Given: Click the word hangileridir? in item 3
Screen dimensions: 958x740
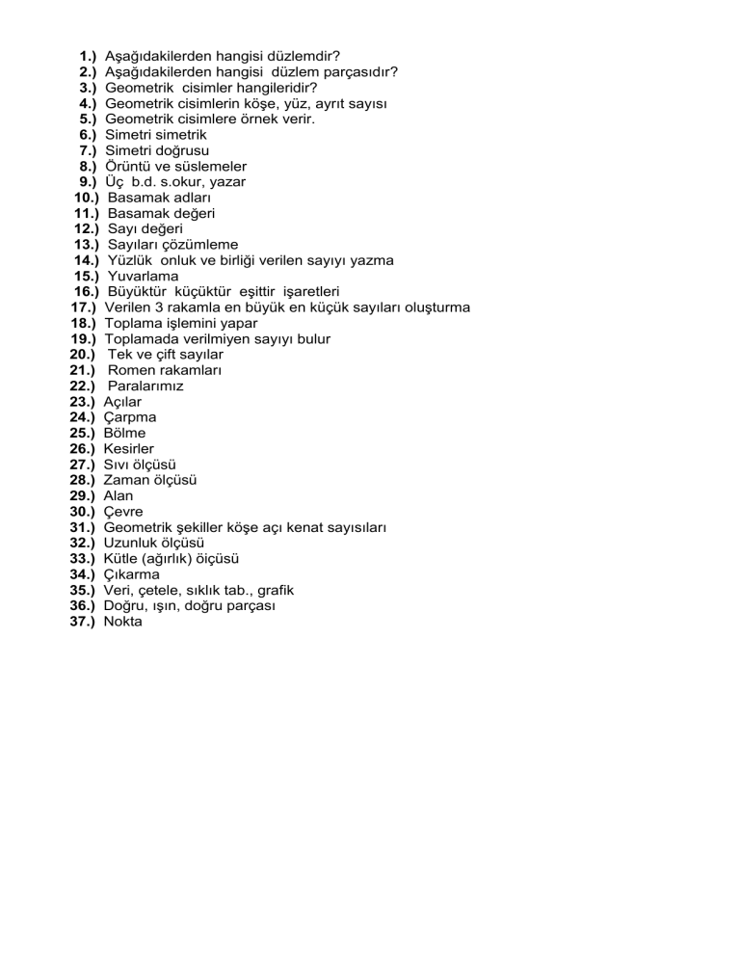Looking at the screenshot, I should click(246, 88).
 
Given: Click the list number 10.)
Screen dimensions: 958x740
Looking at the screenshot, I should click(88, 198).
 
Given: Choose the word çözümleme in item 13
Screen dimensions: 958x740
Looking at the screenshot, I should click(200, 245).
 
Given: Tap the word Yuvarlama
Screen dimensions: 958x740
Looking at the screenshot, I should click(143, 277).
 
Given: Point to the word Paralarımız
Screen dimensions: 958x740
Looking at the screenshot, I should click(145, 386).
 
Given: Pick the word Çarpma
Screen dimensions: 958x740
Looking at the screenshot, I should click(130, 417).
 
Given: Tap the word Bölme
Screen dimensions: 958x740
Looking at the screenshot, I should click(125, 433).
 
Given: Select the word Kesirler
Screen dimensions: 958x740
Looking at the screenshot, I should click(129, 449).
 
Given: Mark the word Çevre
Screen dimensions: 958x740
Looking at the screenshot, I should click(123, 512).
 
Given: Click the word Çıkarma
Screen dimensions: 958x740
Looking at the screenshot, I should click(132, 574).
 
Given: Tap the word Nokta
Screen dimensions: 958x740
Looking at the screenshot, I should click(123, 622).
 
